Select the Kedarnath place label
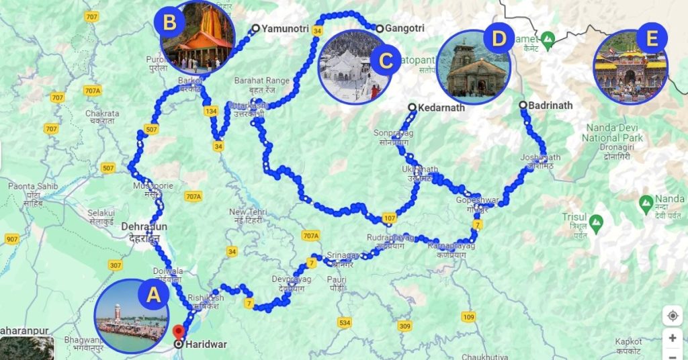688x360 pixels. click(441, 107)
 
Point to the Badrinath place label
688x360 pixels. click(550, 105)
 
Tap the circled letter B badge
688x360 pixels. click(169, 22)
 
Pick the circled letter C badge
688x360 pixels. click(385, 60)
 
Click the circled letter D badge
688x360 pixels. click(498, 38)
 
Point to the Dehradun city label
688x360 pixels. click(144, 227)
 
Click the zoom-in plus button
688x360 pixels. click(673, 337)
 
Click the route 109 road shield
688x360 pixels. click(468, 317)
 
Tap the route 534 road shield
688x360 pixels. click(345, 324)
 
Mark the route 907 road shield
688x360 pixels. click(11, 239)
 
